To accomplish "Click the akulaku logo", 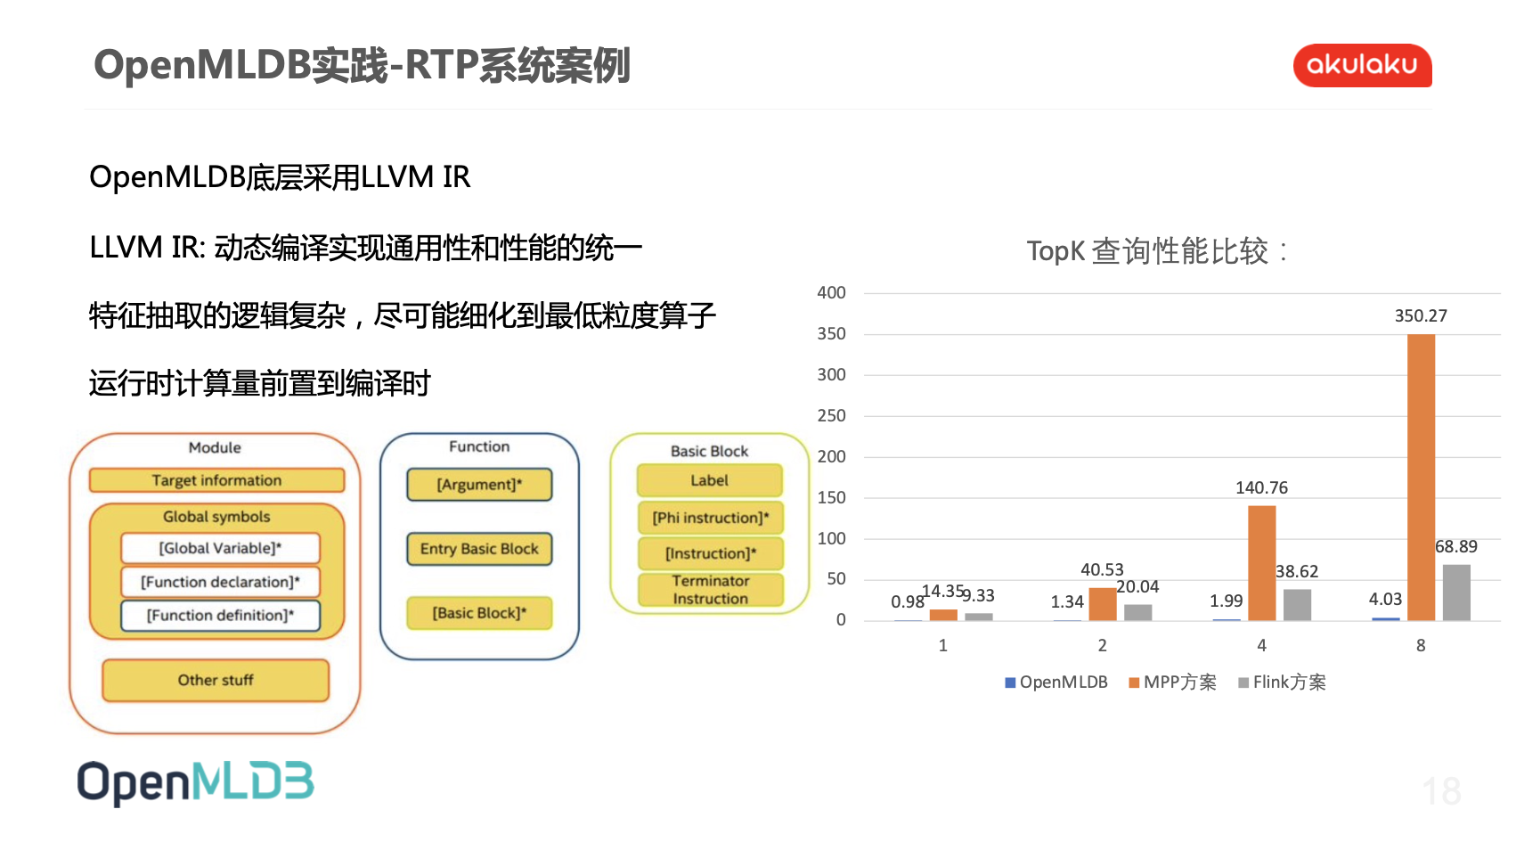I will point(1361,65).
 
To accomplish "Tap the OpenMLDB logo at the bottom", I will point(195,782).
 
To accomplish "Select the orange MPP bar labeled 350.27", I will point(1421,477).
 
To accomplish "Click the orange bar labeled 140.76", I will point(1261,563).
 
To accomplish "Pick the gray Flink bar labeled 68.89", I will point(1456,592).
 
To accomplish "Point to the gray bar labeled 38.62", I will point(1297,604).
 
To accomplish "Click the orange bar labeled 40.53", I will point(1102,604).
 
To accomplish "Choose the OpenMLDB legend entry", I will point(1056,682).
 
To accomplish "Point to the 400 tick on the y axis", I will point(831,293).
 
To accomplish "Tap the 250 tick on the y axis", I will point(831,416).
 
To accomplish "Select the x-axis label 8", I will point(1421,646).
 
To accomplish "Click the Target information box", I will point(216,480).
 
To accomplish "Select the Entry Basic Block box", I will point(479,549).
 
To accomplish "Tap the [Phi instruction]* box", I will point(710,518).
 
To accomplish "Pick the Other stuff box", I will point(216,681).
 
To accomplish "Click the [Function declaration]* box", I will point(220,582).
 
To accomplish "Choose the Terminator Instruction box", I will point(710,590).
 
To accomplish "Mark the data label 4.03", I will point(1385,600).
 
